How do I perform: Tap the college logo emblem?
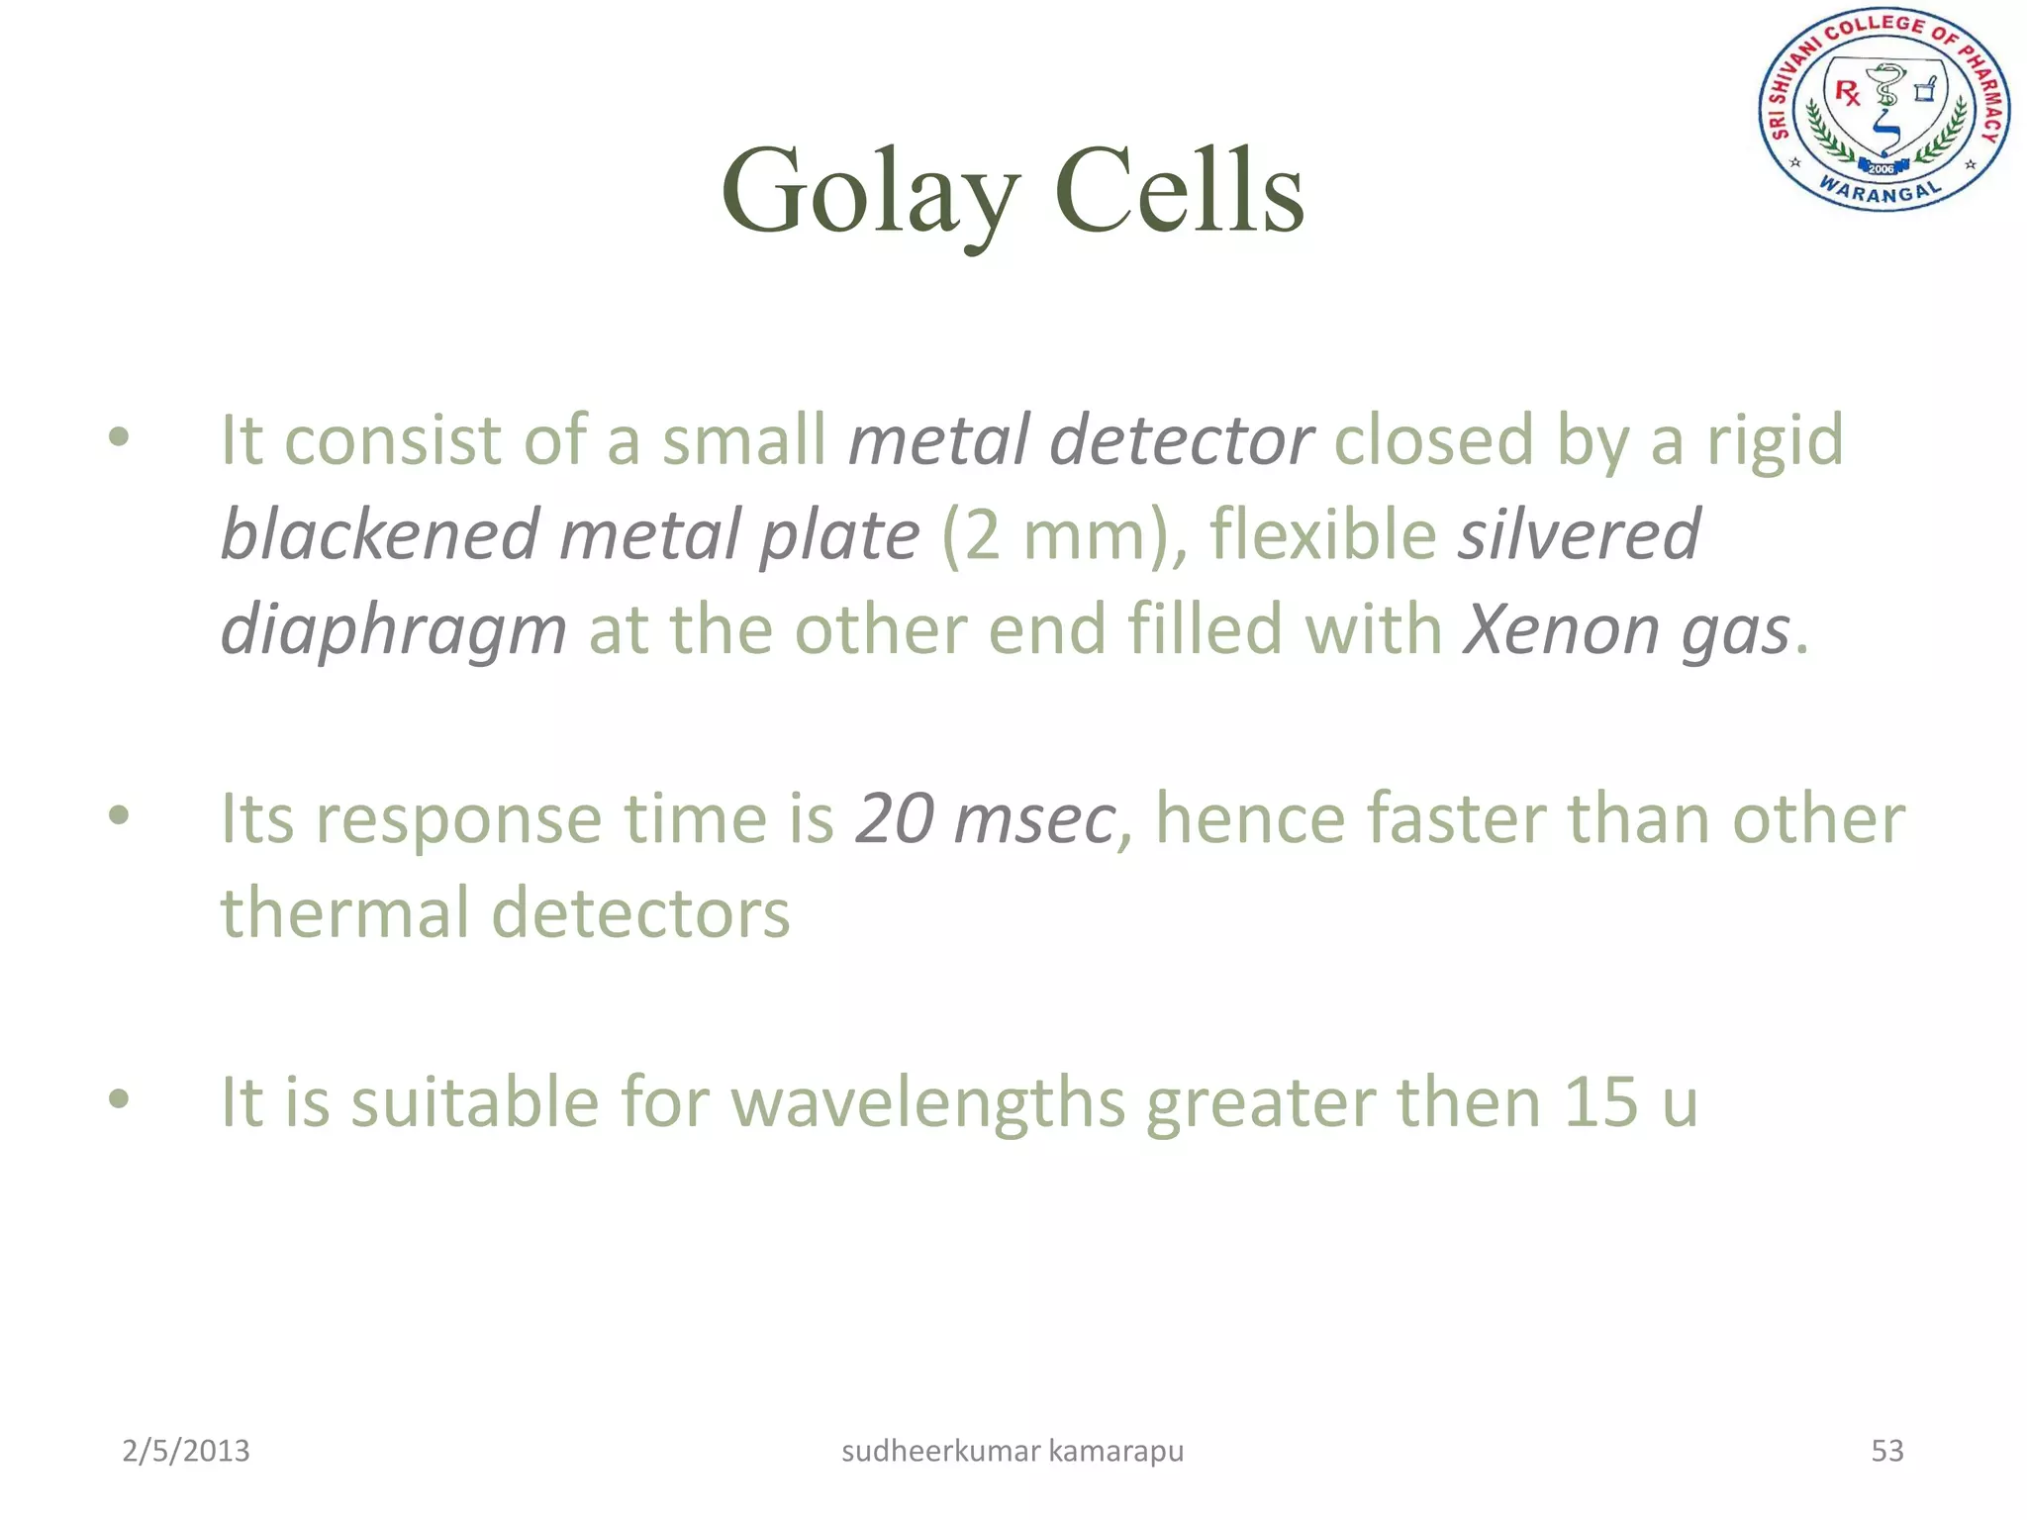click(1883, 110)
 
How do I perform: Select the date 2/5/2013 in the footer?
click(186, 1451)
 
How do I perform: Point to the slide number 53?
click(1886, 1451)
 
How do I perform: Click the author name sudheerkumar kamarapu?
click(1013, 1451)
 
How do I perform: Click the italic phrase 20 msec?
click(986, 819)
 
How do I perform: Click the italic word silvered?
click(1579, 534)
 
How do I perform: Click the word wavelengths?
click(927, 1102)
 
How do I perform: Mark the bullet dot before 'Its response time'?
click(119, 815)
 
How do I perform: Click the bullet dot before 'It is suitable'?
click(119, 1098)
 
